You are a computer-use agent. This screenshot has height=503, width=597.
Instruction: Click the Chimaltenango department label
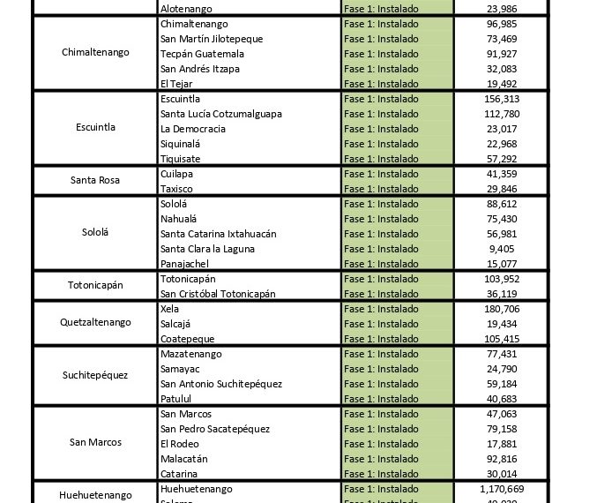click(x=95, y=53)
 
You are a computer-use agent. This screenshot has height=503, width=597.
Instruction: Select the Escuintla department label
click(x=95, y=128)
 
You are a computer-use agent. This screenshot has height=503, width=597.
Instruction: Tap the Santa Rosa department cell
click(x=95, y=181)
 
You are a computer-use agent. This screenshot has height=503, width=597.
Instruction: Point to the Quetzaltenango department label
click(x=95, y=323)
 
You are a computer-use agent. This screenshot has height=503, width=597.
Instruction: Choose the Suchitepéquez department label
click(x=95, y=376)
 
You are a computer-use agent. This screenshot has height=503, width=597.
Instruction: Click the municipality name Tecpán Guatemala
click(x=202, y=54)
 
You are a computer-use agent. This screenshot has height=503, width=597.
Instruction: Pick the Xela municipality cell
click(x=170, y=309)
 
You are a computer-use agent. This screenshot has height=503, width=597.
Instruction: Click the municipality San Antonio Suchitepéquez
click(x=220, y=384)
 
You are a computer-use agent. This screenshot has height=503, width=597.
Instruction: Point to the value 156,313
click(x=501, y=99)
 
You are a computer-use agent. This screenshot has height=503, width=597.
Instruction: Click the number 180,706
click(x=501, y=309)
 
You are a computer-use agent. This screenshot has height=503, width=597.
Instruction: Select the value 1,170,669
click(x=501, y=488)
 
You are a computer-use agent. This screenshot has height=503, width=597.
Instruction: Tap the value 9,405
click(x=501, y=249)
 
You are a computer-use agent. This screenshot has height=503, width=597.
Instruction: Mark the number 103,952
click(x=501, y=279)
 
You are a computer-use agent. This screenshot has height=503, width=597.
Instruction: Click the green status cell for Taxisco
click(x=397, y=189)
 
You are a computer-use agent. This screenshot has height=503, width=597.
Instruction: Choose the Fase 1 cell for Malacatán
click(x=397, y=459)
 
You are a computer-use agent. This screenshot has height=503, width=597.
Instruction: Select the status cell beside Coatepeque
click(x=397, y=339)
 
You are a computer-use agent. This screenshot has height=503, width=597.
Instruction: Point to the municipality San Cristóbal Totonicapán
click(x=218, y=294)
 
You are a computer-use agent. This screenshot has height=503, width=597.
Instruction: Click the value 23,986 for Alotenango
click(x=501, y=9)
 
